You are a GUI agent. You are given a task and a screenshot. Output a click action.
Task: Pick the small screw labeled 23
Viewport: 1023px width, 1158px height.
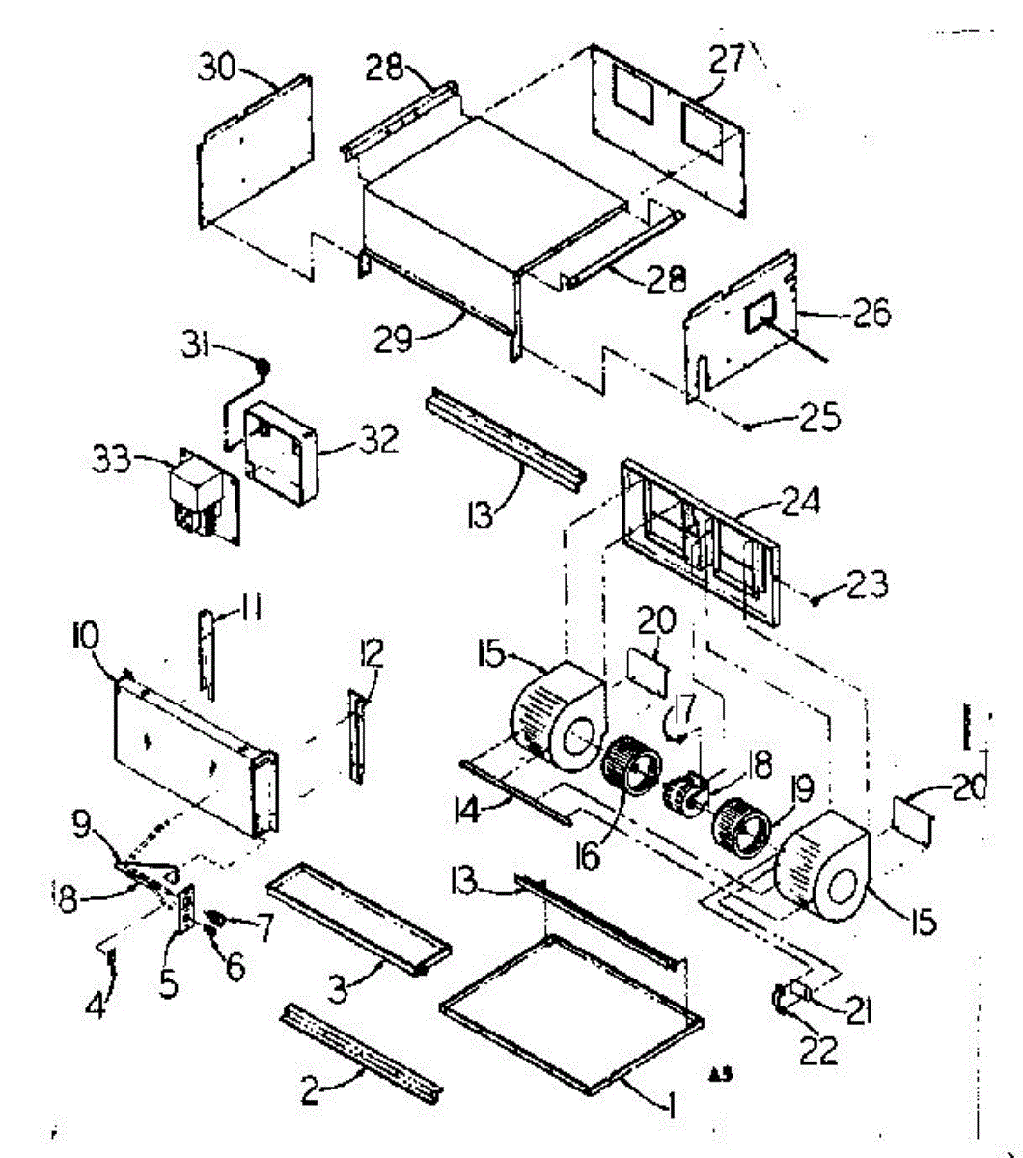point(816,601)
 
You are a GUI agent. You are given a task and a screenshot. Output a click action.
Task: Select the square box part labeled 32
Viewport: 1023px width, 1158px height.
point(279,454)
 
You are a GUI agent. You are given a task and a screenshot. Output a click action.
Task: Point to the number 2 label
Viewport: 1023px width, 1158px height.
point(309,1093)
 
